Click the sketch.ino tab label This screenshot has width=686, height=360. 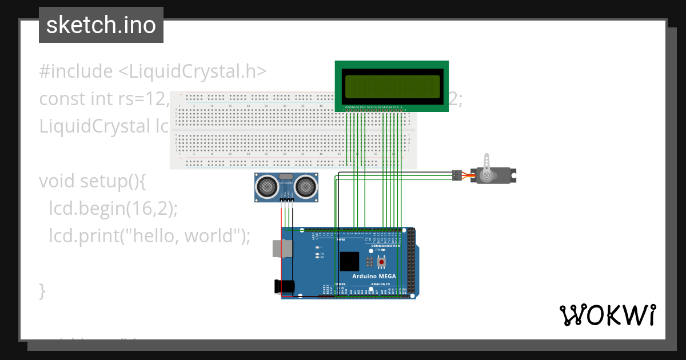(101, 25)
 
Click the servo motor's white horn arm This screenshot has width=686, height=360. (487, 166)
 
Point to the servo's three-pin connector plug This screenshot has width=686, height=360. (456, 175)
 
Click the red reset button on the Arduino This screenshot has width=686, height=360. (381, 262)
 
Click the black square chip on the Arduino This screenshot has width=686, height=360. (349, 261)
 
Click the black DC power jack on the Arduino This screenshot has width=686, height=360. (280, 287)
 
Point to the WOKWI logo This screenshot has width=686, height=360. (607, 315)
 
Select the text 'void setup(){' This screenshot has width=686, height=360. (93, 181)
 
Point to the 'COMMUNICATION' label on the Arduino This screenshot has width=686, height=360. (390, 245)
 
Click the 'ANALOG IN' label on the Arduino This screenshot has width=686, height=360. (380, 284)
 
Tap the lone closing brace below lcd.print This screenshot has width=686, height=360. (42, 290)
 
